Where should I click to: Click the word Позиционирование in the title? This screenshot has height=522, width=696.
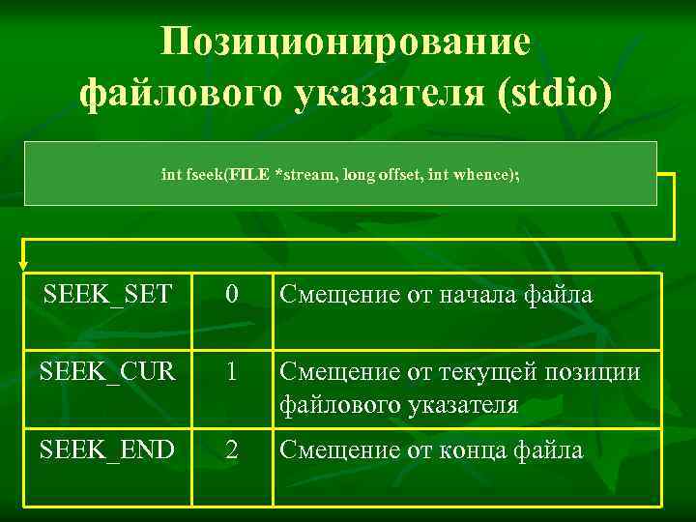point(345,43)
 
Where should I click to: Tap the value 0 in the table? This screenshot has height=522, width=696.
point(230,294)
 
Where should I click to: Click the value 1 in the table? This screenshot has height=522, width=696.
point(230,372)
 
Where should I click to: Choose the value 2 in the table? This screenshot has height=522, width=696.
point(230,449)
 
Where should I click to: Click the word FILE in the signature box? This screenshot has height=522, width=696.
point(249,175)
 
